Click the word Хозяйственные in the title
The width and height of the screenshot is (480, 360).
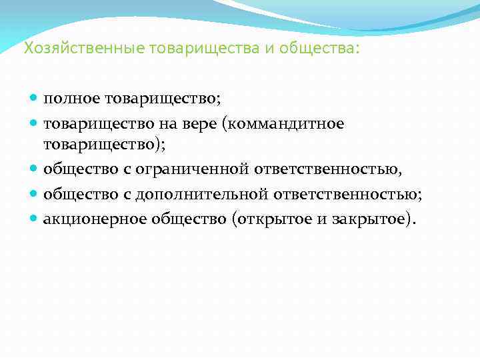(x=69, y=49)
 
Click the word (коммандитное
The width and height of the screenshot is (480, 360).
(x=287, y=123)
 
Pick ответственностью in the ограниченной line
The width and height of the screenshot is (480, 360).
(x=328, y=169)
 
